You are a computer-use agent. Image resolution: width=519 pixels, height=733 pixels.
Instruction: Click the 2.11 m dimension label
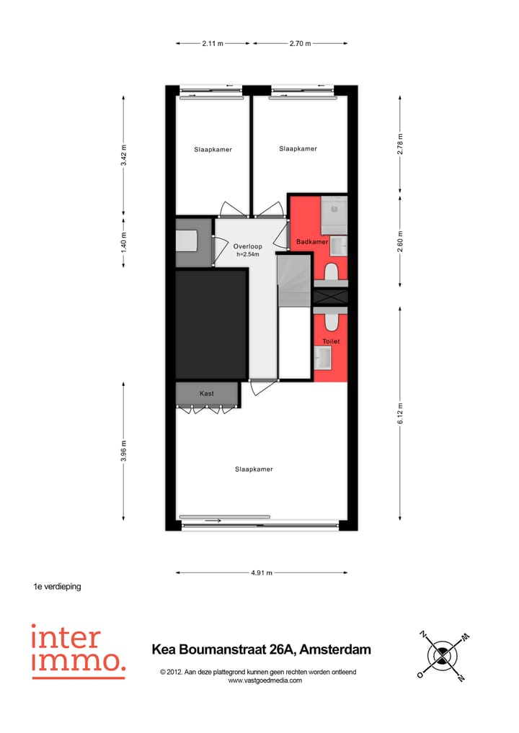[x=212, y=44]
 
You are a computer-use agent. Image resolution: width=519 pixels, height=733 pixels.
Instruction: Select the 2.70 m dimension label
[x=300, y=44]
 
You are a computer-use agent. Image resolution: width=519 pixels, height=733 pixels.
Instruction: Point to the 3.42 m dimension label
[x=124, y=155]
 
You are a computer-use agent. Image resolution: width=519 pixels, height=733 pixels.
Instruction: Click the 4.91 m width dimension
[x=261, y=573]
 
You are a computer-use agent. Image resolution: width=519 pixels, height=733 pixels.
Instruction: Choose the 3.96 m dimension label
[x=124, y=451]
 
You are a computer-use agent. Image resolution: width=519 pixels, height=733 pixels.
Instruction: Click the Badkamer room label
[x=313, y=242]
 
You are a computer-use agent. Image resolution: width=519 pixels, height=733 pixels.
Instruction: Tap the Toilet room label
[x=331, y=341]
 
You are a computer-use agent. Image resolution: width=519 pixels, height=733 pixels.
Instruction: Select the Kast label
[x=207, y=394]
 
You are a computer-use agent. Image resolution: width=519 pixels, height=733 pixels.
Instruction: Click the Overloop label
[x=248, y=246]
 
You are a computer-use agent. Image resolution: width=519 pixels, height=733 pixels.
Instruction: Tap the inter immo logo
[x=78, y=651]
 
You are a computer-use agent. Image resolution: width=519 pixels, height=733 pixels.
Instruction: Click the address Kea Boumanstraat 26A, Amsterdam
[x=261, y=649]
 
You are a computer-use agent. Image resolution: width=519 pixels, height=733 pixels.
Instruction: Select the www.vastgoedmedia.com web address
[x=265, y=680]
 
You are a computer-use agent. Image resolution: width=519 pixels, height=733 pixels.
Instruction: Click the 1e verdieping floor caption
[x=58, y=587]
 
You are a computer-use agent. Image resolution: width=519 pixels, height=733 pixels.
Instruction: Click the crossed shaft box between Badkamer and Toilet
[x=331, y=297]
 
